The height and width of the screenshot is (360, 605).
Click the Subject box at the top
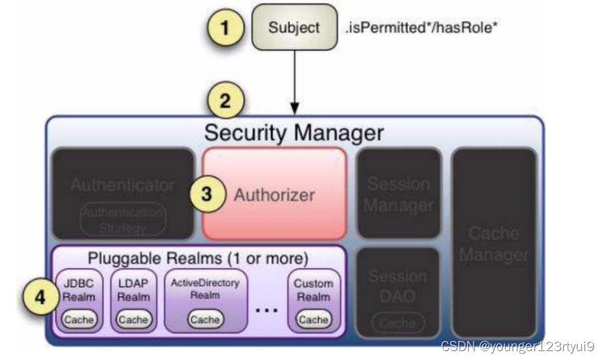(x=294, y=27)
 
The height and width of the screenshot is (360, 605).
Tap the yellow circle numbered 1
(x=226, y=27)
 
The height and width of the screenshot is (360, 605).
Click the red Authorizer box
(x=274, y=194)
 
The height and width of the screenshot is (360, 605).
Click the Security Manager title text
(x=294, y=131)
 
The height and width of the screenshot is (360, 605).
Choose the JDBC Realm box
(x=79, y=301)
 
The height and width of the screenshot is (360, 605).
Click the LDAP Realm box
(x=133, y=301)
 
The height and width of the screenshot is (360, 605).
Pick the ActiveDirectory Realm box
(x=206, y=301)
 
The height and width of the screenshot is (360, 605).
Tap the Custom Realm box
(x=313, y=301)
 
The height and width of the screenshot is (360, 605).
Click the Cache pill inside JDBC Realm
(x=79, y=320)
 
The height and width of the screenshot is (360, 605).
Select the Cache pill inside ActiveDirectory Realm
(x=206, y=320)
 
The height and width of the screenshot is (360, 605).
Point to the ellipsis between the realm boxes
(x=267, y=309)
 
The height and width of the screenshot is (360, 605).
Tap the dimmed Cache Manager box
(x=493, y=244)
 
